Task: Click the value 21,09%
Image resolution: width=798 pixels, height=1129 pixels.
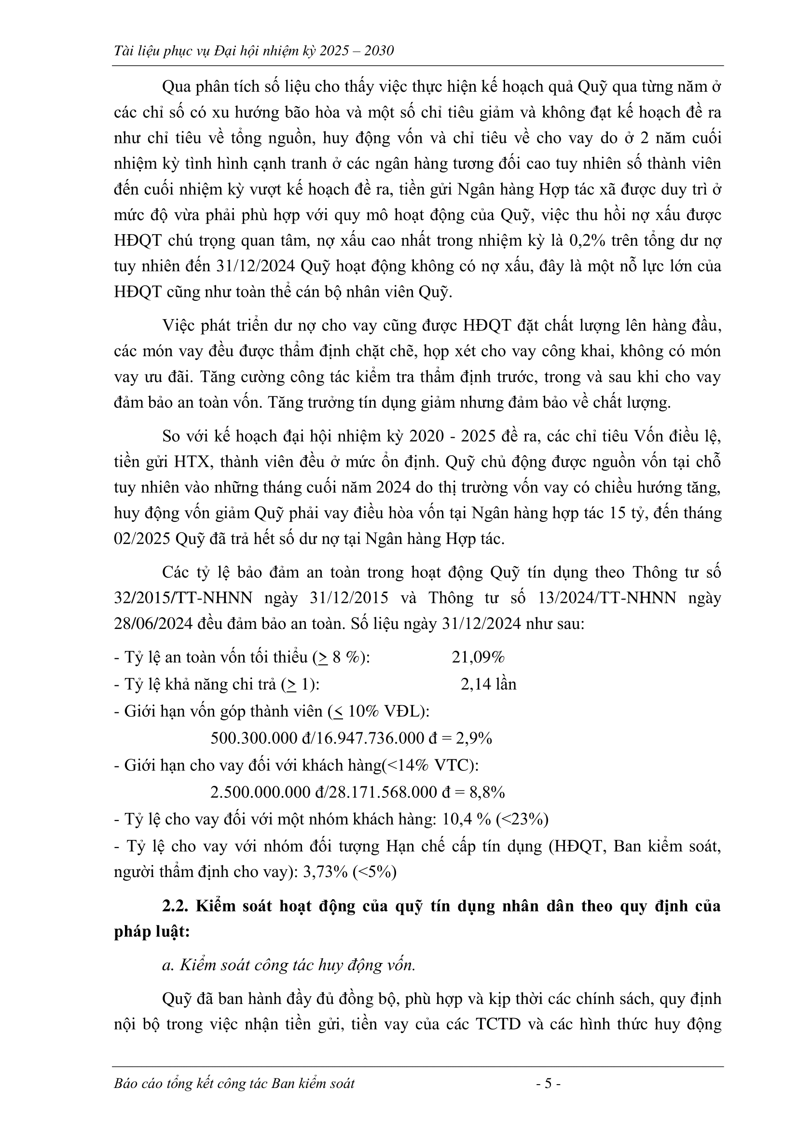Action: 478,657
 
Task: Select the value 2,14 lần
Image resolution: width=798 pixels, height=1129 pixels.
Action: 488,684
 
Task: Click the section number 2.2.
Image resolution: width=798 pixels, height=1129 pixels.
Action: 177,906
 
